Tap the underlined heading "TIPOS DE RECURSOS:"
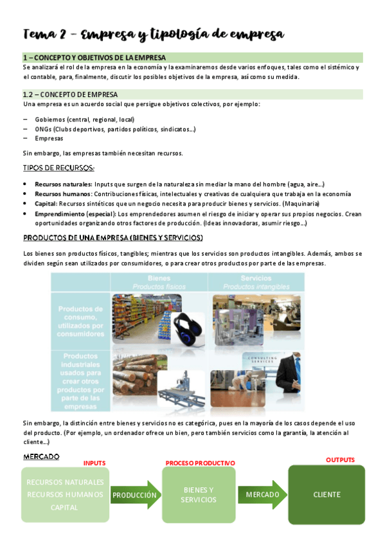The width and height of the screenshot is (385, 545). (58, 168)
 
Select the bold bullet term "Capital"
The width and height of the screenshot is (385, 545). (46, 204)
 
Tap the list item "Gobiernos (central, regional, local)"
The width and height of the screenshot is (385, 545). (84, 120)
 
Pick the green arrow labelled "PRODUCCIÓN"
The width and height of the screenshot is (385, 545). (134, 496)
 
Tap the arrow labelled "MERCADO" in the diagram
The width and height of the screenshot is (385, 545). (262, 495)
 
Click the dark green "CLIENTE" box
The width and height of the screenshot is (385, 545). (327, 495)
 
